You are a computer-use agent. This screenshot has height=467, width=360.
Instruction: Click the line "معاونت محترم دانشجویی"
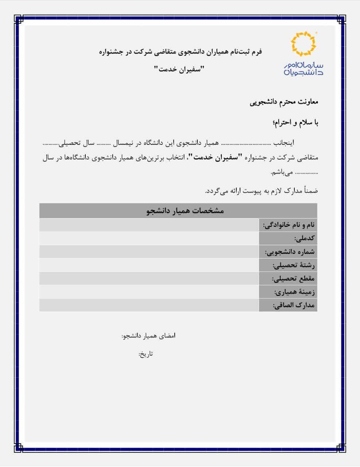[284, 102]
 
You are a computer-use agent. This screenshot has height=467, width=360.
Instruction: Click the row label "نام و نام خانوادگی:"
[289, 225]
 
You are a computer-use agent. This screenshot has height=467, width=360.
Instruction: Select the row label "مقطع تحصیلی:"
[293, 279]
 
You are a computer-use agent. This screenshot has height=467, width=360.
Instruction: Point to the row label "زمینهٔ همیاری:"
[294, 292]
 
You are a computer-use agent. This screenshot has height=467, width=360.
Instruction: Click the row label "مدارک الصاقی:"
[294, 305]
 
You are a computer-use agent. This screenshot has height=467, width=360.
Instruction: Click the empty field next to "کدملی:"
[149, 238]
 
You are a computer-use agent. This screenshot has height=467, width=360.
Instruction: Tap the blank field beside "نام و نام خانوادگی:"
[149, 225]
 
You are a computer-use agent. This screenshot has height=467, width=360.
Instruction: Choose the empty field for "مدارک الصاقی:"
[149, 305]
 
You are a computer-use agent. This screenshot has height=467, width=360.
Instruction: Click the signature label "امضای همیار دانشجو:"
[148, 336]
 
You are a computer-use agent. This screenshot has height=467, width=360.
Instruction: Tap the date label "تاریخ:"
[146, 354]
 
